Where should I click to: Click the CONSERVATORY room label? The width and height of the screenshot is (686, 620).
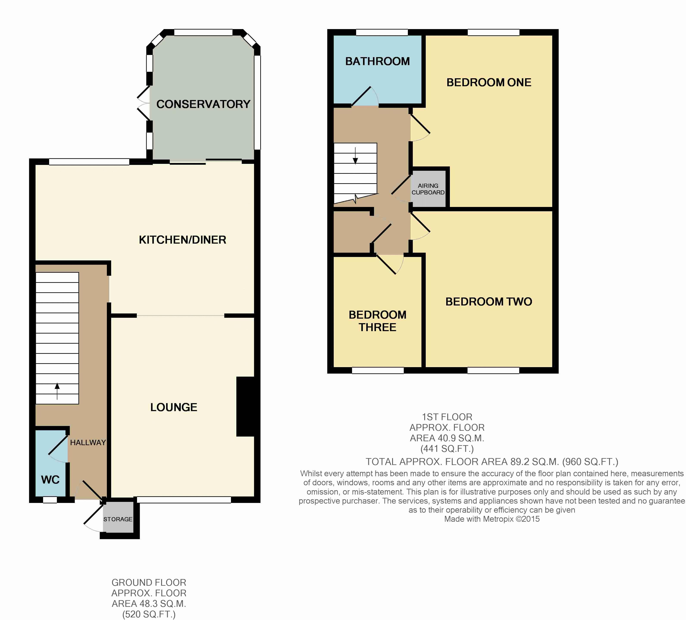[x=203, y=104]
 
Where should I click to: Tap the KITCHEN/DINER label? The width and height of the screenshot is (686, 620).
[x=182, y=240]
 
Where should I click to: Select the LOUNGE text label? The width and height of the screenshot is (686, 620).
[x=173, y=407]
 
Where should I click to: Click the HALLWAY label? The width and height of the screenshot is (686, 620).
[x=88, y=443]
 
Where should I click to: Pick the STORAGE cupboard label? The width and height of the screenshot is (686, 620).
[x=118, y=519]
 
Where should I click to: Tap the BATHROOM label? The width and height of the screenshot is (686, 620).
[x=377, y=61]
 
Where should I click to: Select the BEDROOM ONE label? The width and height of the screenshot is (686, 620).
[x=489, y=82]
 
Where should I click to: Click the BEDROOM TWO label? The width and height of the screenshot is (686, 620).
[x=489, y=302]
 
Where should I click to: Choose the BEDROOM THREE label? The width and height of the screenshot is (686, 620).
[x=377, y=321]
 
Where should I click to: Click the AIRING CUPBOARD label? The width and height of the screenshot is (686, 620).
[x=428, y=189]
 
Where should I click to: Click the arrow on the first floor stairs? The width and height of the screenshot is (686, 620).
[x=355, y=156]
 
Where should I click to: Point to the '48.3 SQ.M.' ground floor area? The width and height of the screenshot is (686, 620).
[x=149, y=604]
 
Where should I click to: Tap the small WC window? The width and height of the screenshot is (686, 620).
[x=50, y=500]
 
